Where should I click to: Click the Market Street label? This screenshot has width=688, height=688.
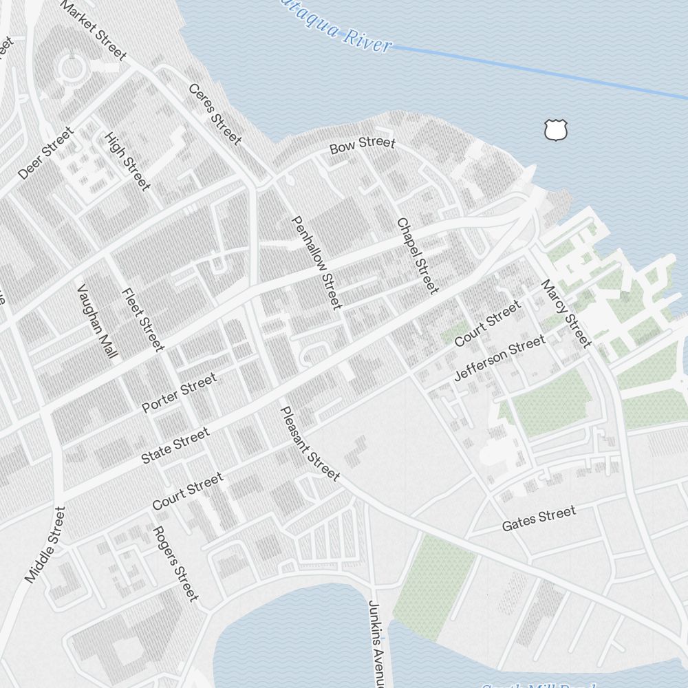[x=94, y=30]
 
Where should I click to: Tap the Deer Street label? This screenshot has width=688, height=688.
[x=46, y=153]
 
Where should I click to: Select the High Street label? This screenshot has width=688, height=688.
[x=127, y=162]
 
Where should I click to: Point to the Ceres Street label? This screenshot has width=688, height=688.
[x=215, y=114]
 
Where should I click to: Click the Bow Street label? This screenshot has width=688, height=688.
[x=363, y=145]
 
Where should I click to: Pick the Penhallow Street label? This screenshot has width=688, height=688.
[x=316, y=263]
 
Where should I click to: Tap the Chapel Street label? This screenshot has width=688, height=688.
[x=417, y=255]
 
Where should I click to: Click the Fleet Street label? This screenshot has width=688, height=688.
[x=143, y=319]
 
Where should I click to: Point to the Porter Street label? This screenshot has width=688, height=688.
[x=179, y=392]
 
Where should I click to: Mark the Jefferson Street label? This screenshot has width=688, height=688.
[x=500, y=357]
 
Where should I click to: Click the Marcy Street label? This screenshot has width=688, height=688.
[x=566, y=314]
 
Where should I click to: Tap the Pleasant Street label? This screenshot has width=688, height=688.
[x=310, y=444]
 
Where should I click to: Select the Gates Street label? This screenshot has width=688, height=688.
[x=539, y=519]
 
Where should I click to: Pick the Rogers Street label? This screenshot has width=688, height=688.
[x=175, y=563]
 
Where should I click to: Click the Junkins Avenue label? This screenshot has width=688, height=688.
[x=376, y=643]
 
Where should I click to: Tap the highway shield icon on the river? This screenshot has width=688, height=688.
[x=555, y=129]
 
